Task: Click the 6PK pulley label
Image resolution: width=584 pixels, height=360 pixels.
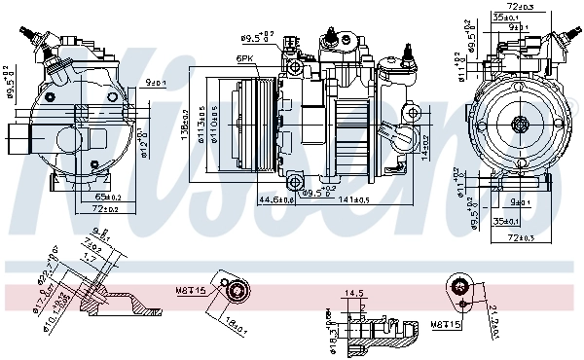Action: point(245,58)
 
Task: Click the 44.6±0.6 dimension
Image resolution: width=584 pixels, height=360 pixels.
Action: point(275,198)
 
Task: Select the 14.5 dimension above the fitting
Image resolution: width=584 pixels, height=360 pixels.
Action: point(354,293)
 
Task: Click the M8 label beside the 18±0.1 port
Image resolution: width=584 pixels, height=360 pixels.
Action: point(191,289)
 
